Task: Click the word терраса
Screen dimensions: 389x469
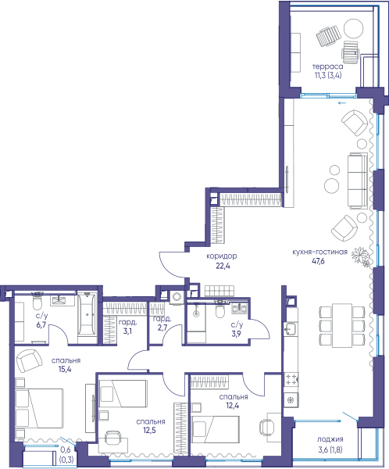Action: [x=328, y=66]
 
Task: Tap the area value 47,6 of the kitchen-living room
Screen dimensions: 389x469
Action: [x=319, y=261]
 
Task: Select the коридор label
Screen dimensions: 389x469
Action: [x=222, y=256]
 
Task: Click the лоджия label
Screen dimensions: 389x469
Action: [x=330, y=439]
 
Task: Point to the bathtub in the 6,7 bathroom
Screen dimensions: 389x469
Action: [x=87, y=315]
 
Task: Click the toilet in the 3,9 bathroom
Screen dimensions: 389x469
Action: [x=220, y=311]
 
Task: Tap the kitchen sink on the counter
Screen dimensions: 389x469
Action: [x=290, y=329]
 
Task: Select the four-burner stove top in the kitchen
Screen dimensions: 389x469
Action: [x=291, y=380]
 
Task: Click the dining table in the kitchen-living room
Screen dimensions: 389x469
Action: [x=342, y=325]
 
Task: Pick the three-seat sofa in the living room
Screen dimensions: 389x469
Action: [x=358, y=181]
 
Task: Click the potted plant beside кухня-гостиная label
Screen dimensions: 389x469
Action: [x=361, y=256]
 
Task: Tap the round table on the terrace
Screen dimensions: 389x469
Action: [x=353, y=28]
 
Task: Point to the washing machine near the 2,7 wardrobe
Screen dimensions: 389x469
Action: [x=177, y=297]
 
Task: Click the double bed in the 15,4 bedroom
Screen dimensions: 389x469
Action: [x=39, y=409]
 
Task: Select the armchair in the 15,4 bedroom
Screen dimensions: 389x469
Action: [x=29, y=361]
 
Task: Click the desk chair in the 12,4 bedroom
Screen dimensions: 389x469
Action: [x=266, y=428]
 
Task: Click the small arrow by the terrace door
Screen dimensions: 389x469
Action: [x=342, y=103]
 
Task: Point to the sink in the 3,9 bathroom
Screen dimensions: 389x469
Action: [x=239, y=308]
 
